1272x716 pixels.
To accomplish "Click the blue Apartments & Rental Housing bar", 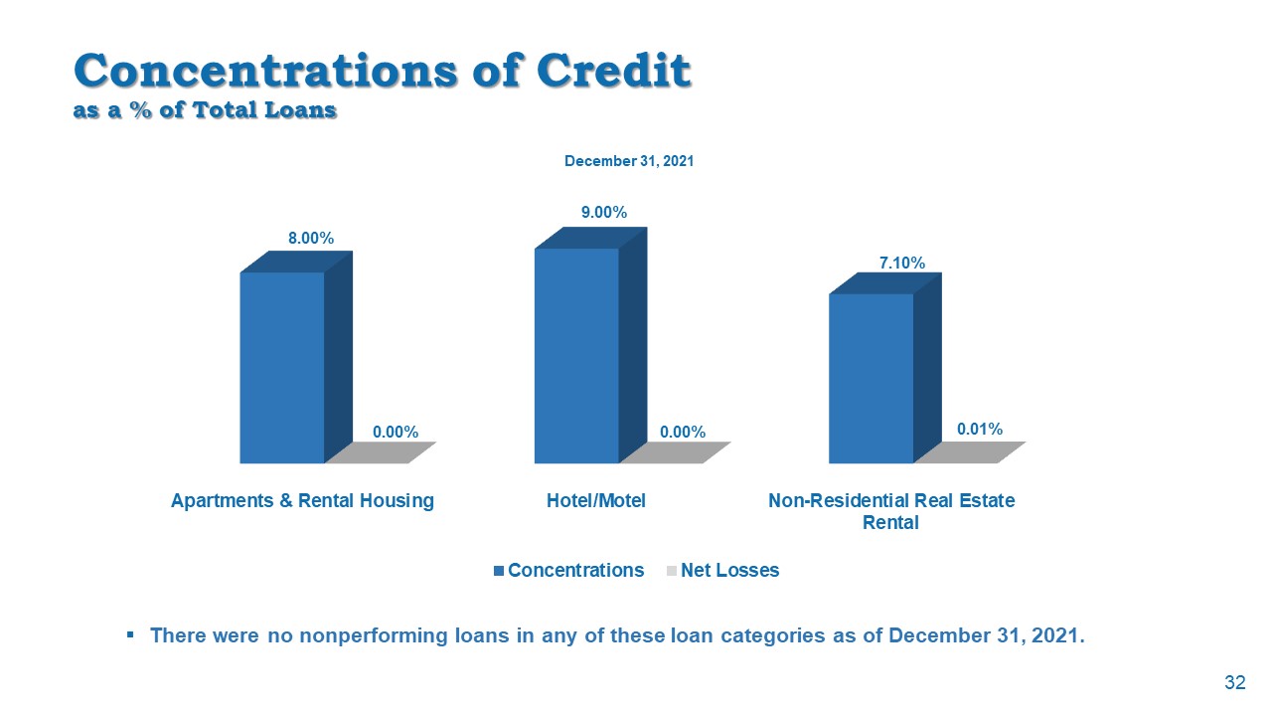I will [x=282, y=367].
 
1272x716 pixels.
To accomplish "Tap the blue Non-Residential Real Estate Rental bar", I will [x=871, y=378].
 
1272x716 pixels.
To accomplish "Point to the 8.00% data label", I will [x=311, y=239].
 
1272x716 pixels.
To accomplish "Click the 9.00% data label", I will [x=604, y=212].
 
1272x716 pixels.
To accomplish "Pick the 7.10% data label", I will [x=902, y=263].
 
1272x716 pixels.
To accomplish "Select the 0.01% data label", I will [x=980, y=429].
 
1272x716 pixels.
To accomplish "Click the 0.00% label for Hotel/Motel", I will [x=683, y=432].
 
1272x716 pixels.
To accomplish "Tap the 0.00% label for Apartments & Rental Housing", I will [x=396, y=432].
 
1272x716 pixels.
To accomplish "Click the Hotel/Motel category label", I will [x=596, y=501].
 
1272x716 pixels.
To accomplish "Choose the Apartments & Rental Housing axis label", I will [x=302, y=501].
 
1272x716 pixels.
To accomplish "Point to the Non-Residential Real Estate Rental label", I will [x=891, y=511].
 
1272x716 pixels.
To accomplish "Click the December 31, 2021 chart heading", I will [x=629, y=161].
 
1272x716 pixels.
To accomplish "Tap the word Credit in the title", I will [x=613, y=72].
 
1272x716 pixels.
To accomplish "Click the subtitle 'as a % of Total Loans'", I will [x=205, y=110].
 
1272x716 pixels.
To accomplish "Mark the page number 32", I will [x=1235, y=682].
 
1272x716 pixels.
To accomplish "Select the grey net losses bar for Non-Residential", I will [x=969, y=452].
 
